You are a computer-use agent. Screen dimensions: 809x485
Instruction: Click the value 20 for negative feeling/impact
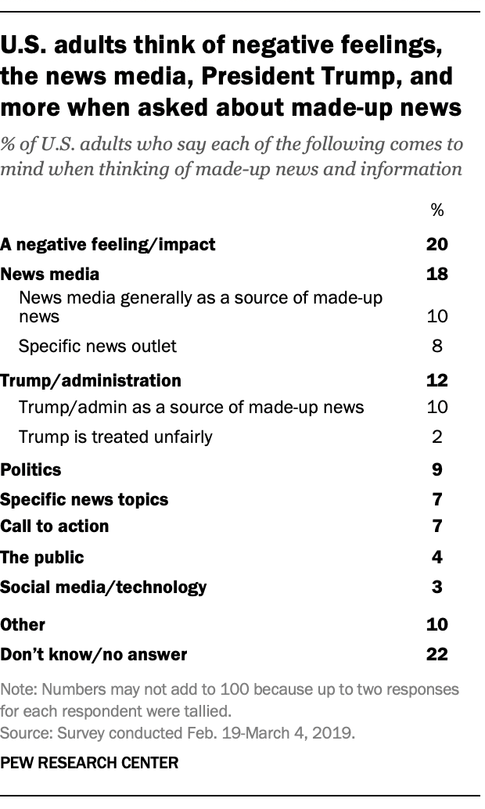coord(436,244)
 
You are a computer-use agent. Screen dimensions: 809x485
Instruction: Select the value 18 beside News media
coord(436,275)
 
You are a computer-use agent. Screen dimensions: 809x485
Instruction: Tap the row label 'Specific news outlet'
coord(98,346)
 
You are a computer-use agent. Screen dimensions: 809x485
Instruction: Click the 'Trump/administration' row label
coord(91,381)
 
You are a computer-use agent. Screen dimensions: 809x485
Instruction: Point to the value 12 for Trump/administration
coord(436,381)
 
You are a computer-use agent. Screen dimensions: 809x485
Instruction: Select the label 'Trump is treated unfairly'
coord(115,437)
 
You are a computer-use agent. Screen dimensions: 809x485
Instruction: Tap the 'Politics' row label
coord(31,469)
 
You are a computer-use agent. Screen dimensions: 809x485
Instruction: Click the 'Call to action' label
coord(55,526)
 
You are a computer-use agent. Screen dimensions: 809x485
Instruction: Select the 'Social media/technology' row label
coord(103,586)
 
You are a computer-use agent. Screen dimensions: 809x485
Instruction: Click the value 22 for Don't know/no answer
coord(436,654)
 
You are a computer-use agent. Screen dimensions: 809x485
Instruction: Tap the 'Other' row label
coord(23,624)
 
